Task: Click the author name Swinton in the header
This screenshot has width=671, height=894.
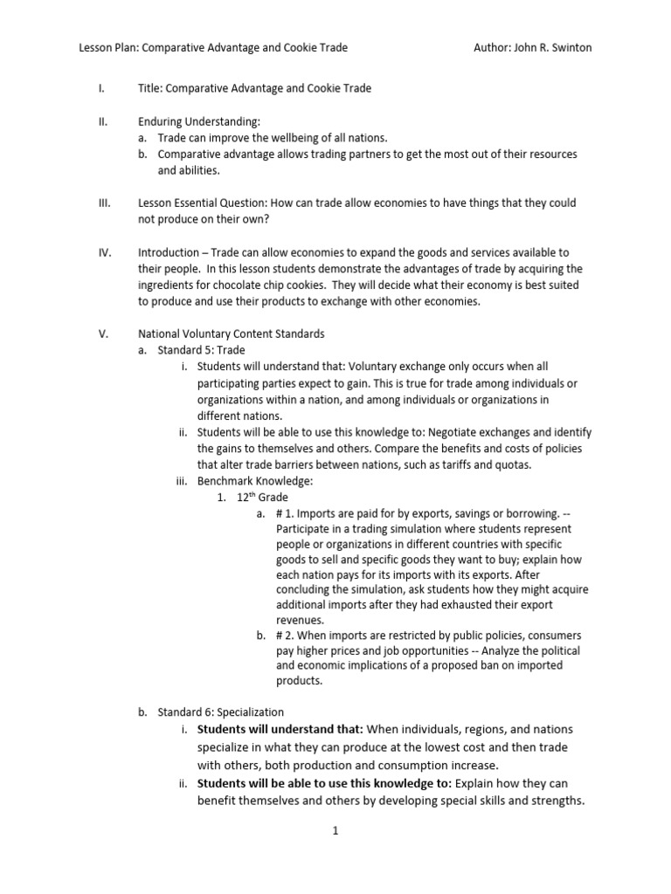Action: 569,48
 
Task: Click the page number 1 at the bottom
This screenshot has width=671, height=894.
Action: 335,831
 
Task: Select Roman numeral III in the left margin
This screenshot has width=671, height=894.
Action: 104,203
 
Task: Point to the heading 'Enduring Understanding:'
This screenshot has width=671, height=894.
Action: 199,121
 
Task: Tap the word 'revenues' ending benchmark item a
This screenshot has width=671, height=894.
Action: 300,619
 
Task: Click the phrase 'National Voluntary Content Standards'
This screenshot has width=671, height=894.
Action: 231,334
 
